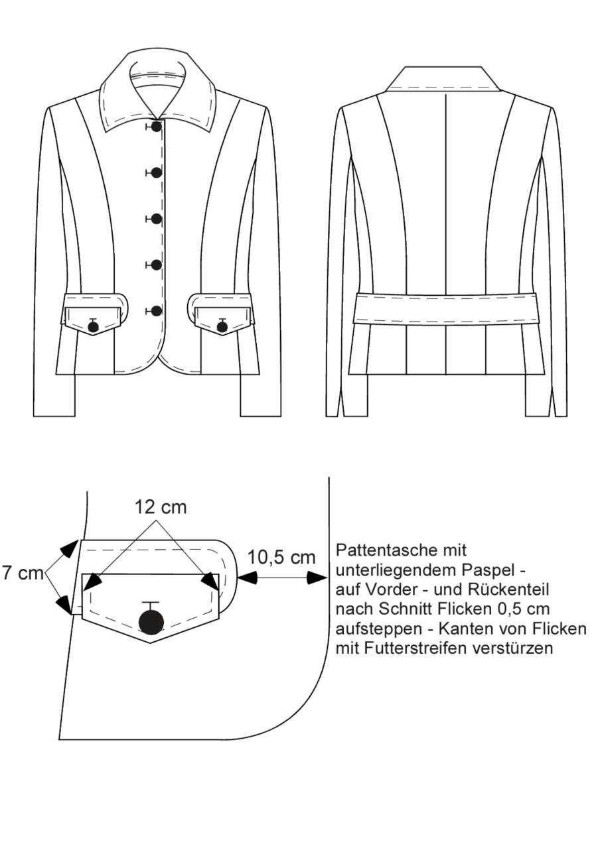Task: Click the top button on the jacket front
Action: point(157,127)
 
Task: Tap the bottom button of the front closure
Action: point(157,310)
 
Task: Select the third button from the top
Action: point(157,219)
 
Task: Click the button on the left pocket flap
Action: point(93,327)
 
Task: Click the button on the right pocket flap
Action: point(222,327)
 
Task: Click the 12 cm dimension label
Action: point(161,507)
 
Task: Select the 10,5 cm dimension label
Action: point(281,557)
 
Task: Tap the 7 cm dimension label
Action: point(23,573)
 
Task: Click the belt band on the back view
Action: point(445,308)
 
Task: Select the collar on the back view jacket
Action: point(443,79)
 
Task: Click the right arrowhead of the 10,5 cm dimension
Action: point(318,578)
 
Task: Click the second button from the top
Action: point(157,173)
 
